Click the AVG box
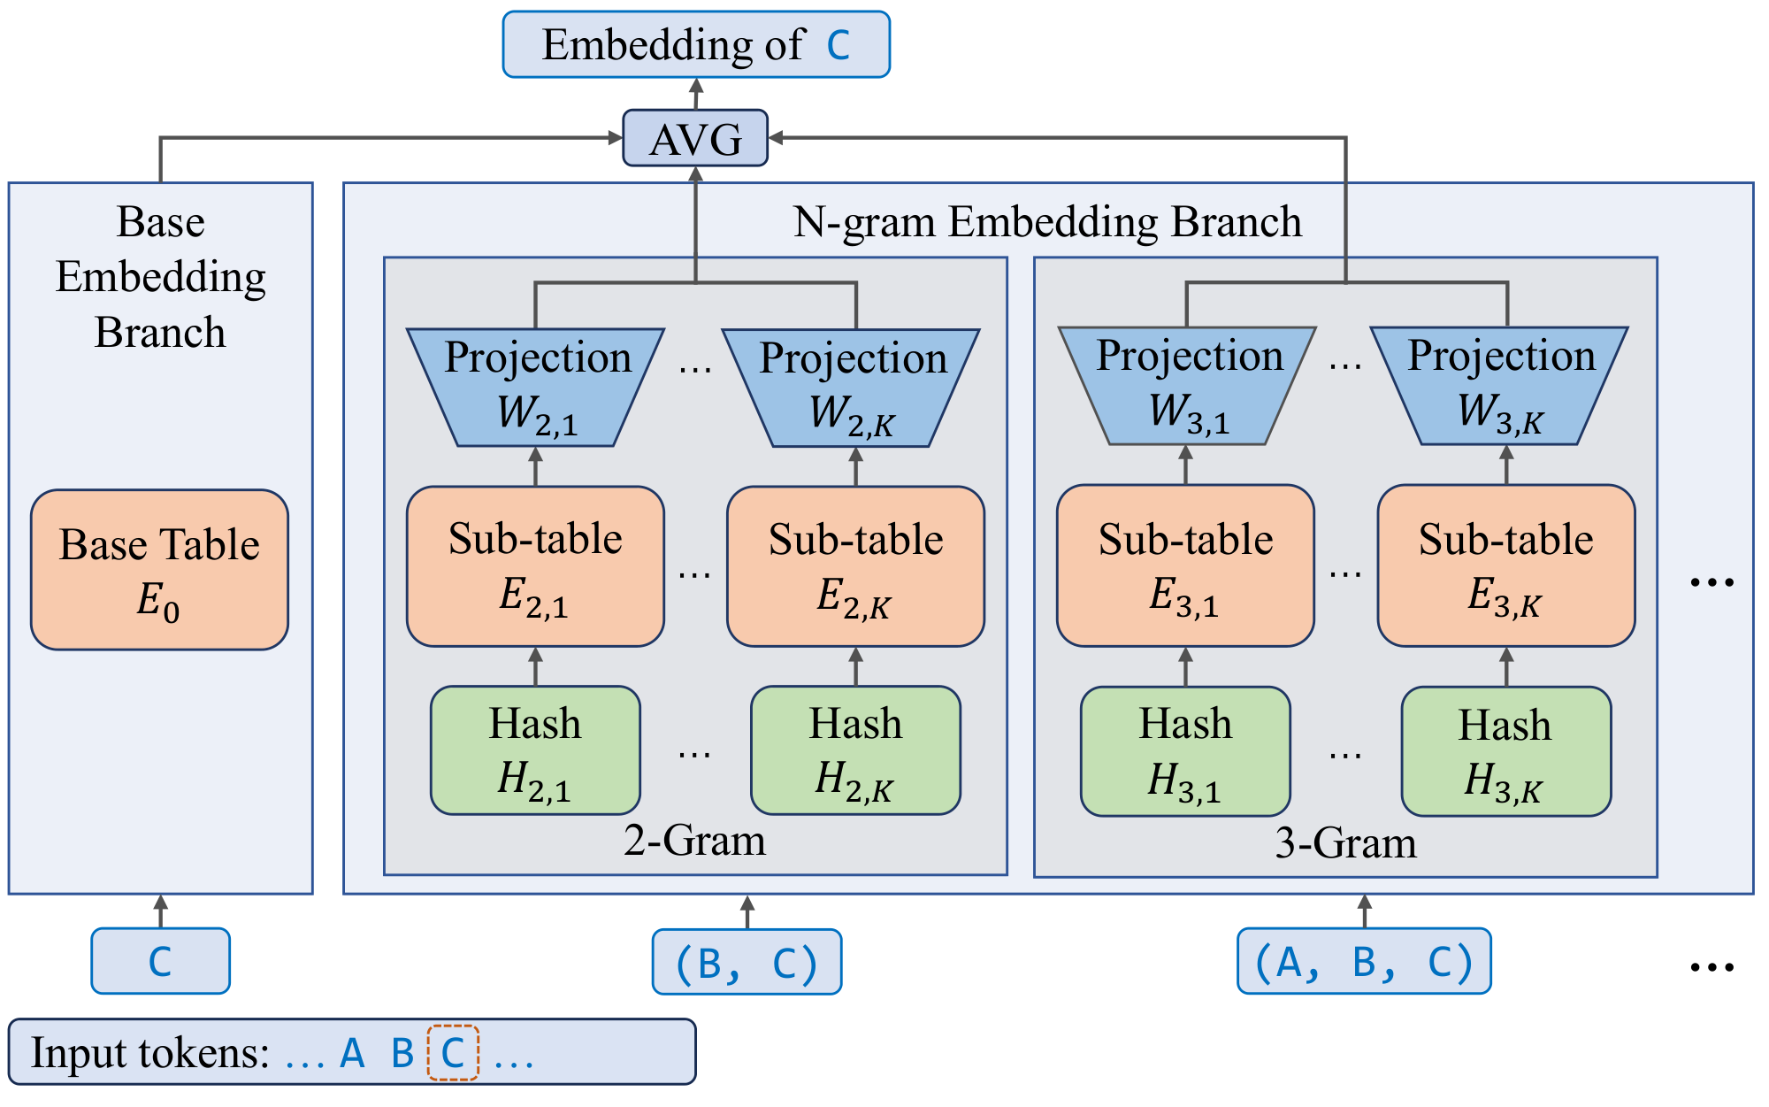click(x=695, y=138)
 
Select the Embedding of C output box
click(x=696, y=45)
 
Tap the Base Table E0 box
click(x=160, y=570)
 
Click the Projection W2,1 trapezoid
click(x=536, y=387)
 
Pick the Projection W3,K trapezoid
click(x=1500, y=386)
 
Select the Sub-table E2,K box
click(x=855, y=566)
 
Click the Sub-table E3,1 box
click(x=1185, y=565)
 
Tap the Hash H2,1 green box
click(x=535, y=750)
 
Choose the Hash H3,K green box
click(x=1505, y=751)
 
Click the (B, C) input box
click(x=747, y=962)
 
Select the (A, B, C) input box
click(x=1364, y=961)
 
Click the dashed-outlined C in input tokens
click(x=453, y=1053)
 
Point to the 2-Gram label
click(x=694, y=841)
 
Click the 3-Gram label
click(x=1345, y=843)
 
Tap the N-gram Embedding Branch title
click(x=1047, y=222)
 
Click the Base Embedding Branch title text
click(x=160, y=277)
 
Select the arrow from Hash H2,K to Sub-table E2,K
click(x=855, y=666)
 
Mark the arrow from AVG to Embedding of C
click(x=696, y=94)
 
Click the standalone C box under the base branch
click(x=160, y=961)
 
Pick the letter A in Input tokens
click(x=352, y=1053)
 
